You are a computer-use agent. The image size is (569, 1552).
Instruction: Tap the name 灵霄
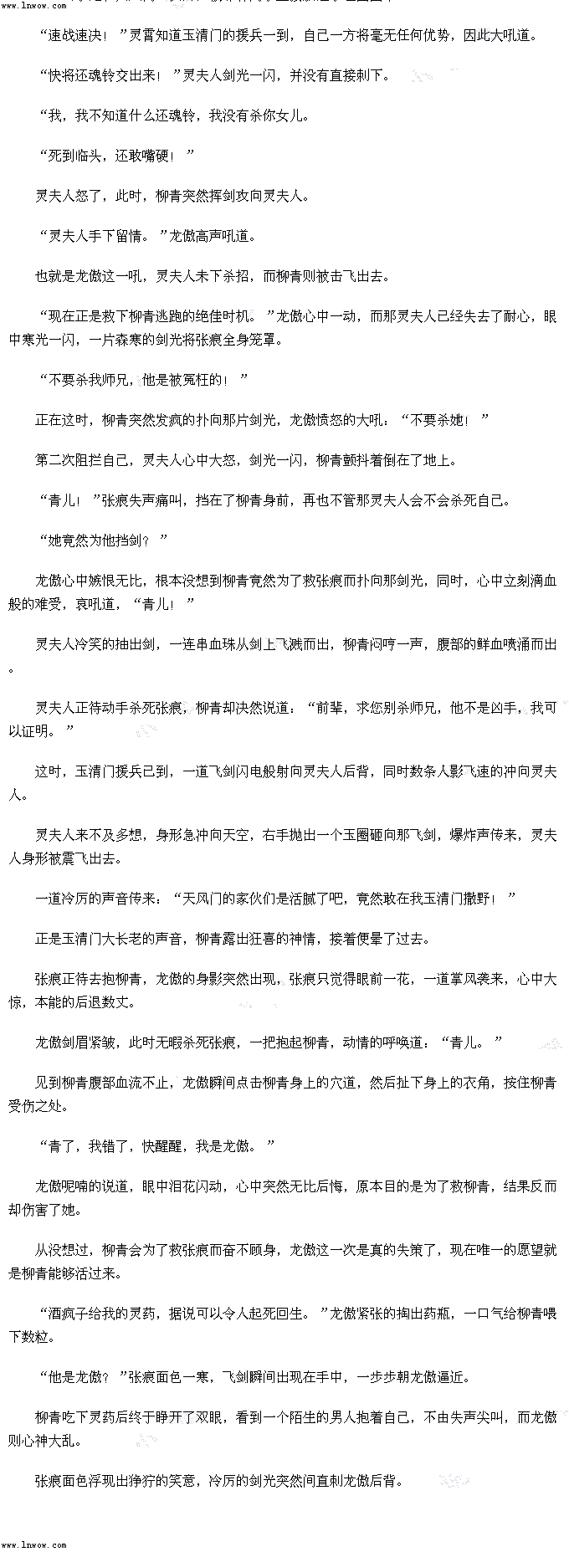click(142, 35)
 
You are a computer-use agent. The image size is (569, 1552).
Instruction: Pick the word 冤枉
click(197, 380)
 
